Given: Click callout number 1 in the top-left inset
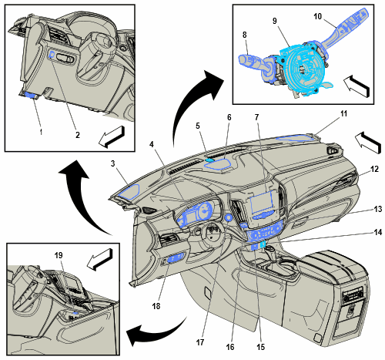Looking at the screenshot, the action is coord(41,133).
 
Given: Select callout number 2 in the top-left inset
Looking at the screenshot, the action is coord(78,135).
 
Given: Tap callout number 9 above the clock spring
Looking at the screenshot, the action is coord(275,21).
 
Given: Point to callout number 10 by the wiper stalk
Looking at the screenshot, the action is coord(317,16).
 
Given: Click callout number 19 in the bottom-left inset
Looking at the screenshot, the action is coord(59,255).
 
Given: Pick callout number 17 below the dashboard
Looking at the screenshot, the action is coord(200,342).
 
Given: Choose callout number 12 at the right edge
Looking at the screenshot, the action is coord(374,169).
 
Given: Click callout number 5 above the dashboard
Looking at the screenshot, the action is coord(198,126).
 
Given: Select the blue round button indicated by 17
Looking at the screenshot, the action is coord(228,218).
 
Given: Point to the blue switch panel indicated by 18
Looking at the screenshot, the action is coord(176,258).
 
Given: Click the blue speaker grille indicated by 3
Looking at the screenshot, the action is coord(129,191).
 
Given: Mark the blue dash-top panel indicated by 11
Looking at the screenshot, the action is coord(295,138).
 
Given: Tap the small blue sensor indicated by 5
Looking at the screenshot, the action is coord(209,160).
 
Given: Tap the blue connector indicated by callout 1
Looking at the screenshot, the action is coord(31,95).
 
